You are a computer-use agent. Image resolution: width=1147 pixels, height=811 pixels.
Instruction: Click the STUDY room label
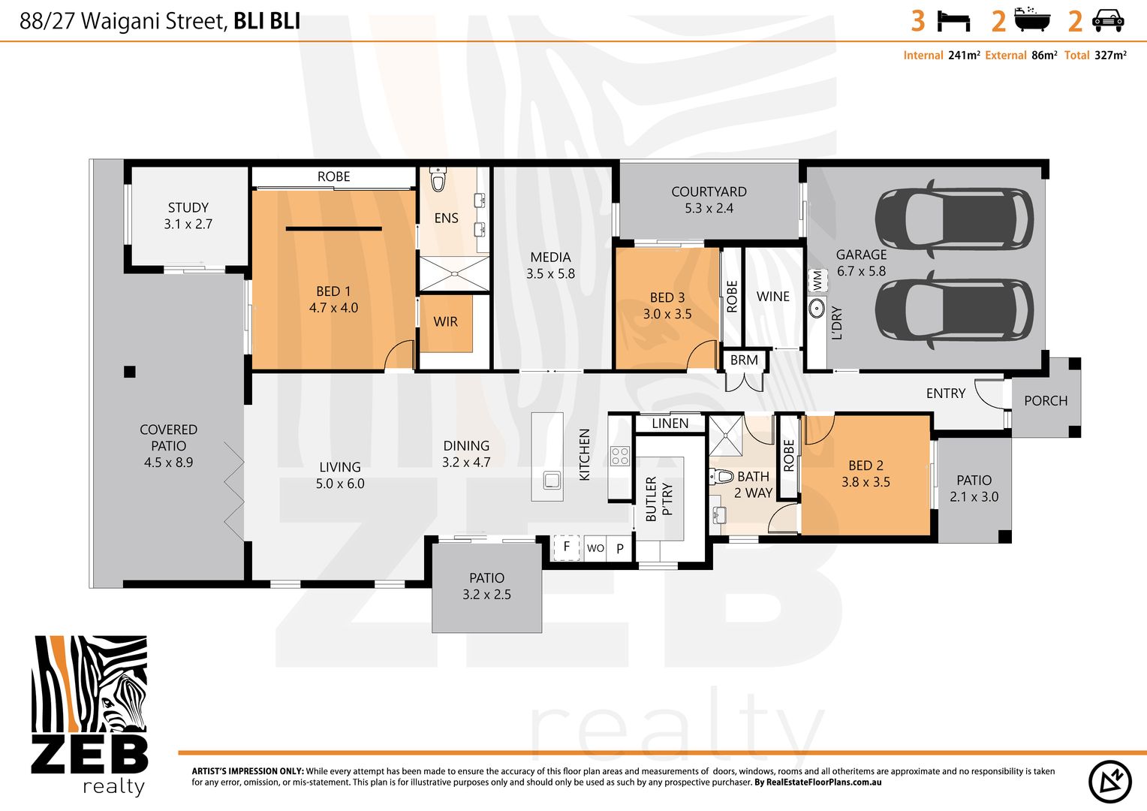pos(188,207)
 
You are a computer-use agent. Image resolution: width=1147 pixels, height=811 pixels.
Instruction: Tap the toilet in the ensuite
pos(438,180)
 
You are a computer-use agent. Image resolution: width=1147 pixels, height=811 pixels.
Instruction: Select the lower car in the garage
pos(954,309)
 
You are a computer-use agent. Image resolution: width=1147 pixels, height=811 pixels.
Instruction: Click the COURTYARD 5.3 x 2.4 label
pos(709,200)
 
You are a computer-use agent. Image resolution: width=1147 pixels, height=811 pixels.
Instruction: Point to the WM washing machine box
pos(817,281)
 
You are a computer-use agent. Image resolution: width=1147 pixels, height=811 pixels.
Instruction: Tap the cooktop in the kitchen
pos(619,456)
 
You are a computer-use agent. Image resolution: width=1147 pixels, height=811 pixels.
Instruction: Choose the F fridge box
pos(567,547)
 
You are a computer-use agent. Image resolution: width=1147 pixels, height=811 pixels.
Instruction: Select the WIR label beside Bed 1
pos(445,321)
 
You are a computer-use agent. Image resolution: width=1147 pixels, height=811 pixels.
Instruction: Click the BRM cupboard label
pos(744,360)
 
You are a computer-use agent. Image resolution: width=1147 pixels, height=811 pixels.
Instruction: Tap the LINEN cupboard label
pos(670,424)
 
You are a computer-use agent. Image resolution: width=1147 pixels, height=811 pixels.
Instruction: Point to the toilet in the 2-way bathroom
pos(721,476)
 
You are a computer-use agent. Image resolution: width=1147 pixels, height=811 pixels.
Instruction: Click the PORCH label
pos(1045,401)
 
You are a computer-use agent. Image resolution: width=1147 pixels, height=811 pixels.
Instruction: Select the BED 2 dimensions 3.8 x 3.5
pos(866,482)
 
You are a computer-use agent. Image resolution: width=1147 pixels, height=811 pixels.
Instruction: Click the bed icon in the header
pos(953,21)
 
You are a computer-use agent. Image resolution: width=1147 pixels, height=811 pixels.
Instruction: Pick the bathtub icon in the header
pos(1032,20)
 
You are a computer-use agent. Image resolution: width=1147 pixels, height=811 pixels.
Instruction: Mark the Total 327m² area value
pos(1110,56)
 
